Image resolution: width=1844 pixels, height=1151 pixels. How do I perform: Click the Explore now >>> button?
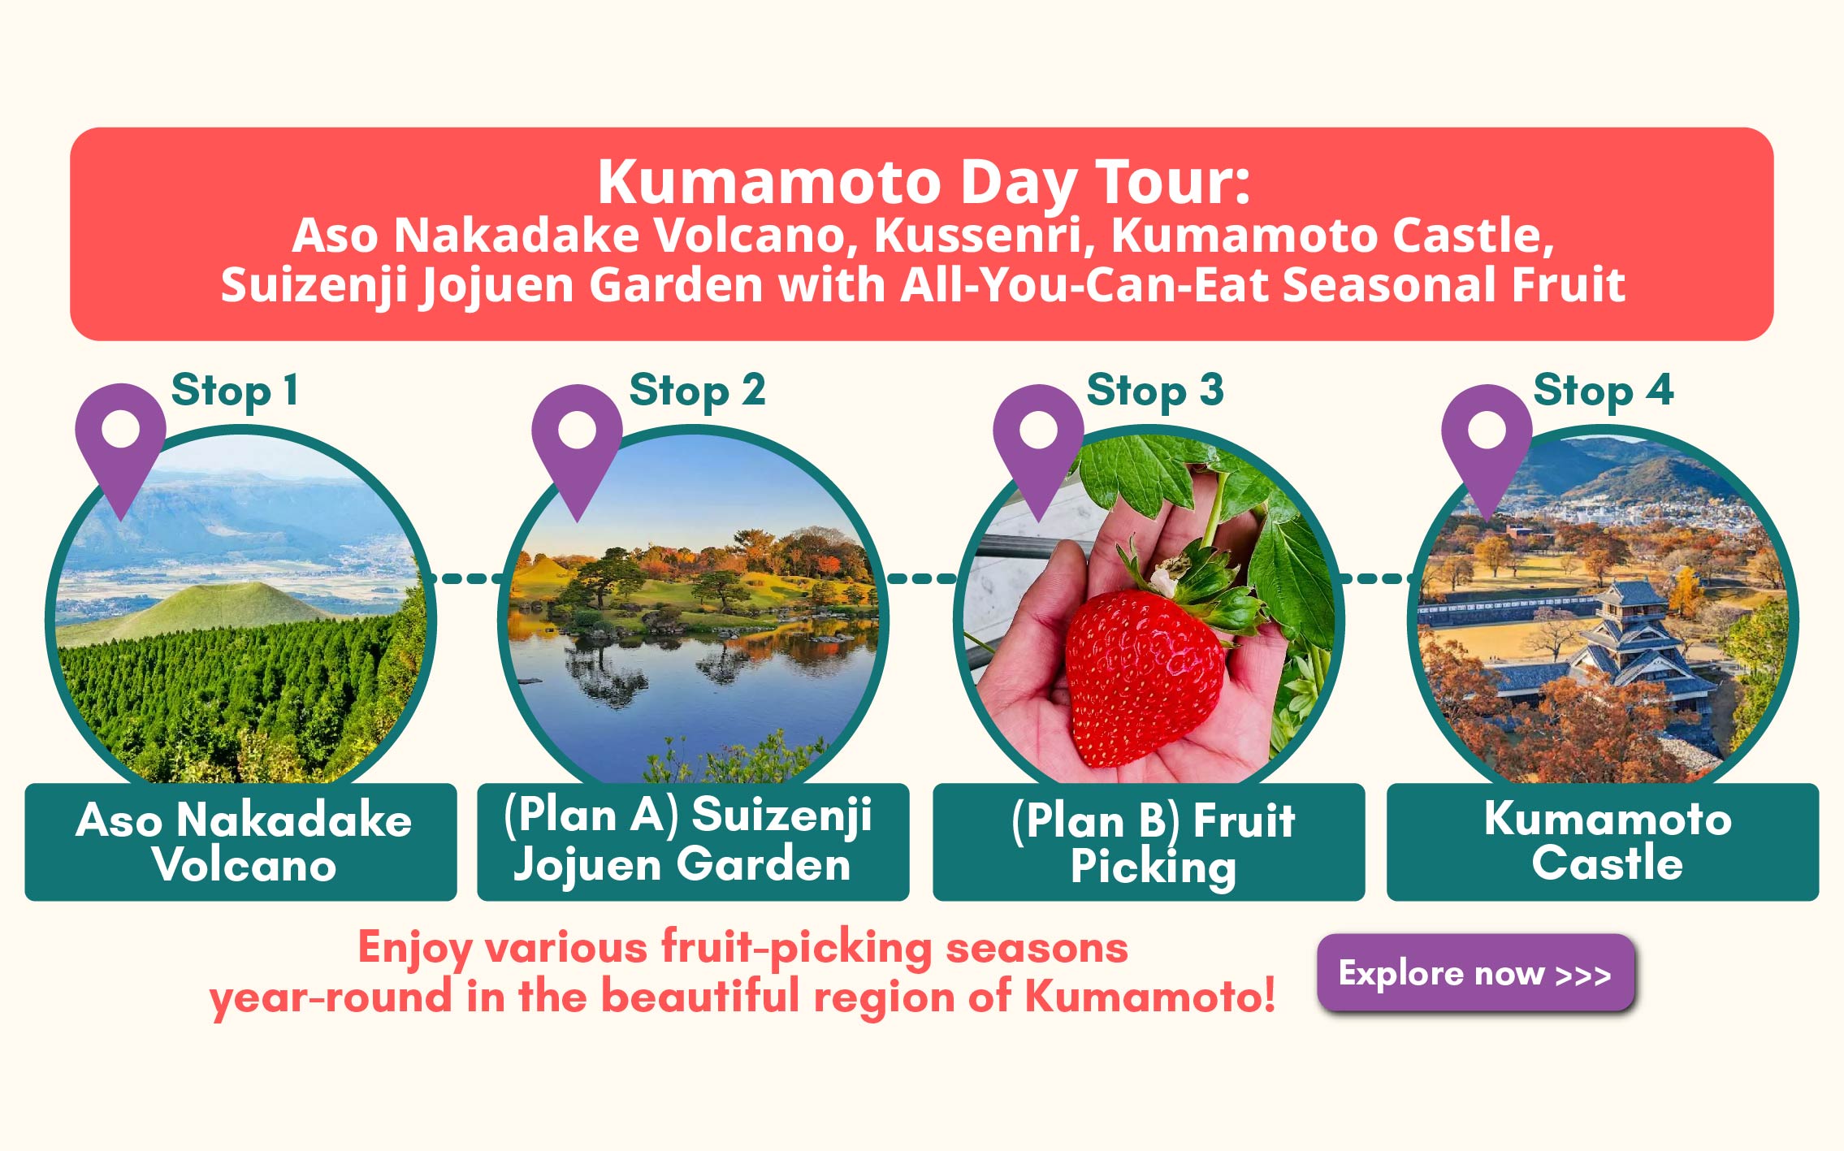1475,972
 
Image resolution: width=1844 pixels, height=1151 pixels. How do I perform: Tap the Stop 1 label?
235,391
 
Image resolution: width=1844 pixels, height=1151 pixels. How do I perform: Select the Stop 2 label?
697,391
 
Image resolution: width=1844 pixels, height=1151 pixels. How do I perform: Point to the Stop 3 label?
1155,391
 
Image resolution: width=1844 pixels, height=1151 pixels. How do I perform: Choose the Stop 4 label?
1604,391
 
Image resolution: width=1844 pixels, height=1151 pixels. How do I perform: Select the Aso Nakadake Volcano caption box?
241,842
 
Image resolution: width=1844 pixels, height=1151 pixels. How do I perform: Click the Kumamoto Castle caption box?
1603,842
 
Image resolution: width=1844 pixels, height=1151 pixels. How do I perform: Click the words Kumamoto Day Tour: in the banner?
924,182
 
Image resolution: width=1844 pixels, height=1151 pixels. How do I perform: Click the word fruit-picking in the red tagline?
797,948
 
